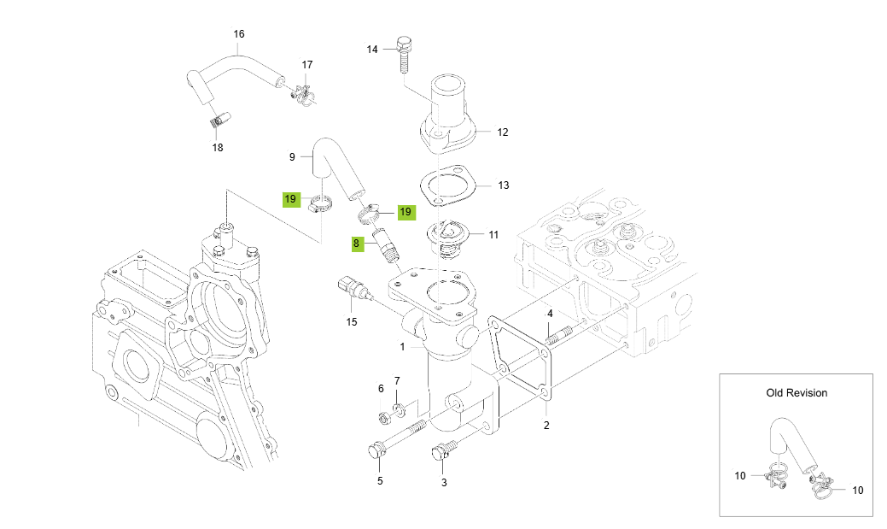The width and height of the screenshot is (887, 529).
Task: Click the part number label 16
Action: tap(239, 34)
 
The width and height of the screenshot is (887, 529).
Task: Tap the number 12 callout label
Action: tap(503, 132)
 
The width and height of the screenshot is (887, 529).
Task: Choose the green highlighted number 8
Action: tap(357, 244)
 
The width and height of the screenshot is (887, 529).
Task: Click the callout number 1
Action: tap(402, 347)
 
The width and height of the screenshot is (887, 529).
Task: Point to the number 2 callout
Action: tap(546, 425)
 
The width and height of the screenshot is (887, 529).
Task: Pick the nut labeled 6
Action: tap(384, 417)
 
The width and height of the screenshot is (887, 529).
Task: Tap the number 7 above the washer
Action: tap(397, 380)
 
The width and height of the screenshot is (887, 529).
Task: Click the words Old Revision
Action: tap(796, 393)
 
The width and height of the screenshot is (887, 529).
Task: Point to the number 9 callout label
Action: tap(292, 156)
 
